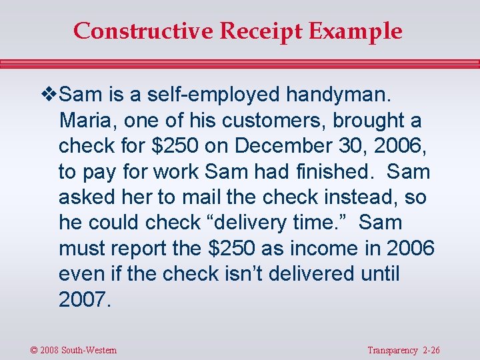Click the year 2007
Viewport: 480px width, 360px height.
(x=83, y=299)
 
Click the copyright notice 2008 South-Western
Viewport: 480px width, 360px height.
(x=73, y=350)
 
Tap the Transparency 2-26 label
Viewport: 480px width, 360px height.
(x=403, y=350)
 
